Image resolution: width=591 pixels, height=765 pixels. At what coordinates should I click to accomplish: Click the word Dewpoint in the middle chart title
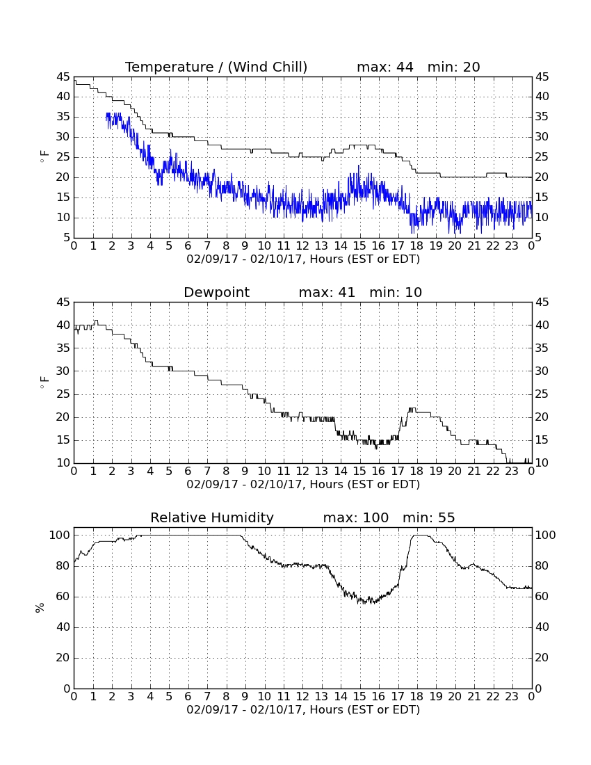click(x=216, y=293)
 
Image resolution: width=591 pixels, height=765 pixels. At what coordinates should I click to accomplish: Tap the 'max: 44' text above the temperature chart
click(x=384, y=67)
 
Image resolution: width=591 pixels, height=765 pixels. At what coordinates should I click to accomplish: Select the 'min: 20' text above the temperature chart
click(x=453, y=67)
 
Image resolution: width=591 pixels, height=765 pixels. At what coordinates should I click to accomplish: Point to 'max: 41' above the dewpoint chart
click(x=327, y=292)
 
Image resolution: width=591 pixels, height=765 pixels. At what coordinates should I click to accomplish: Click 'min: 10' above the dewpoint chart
click(x=396, y=292)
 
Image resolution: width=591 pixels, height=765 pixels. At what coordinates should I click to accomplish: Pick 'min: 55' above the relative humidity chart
click(x=428, y=517)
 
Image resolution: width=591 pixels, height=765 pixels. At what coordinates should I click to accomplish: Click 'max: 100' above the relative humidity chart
click(x=356, y=517)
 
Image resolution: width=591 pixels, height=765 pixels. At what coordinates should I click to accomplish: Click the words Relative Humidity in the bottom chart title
click(x=212, y=518)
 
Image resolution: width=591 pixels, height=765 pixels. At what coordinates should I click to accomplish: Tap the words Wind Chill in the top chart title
click(x=267, y=67)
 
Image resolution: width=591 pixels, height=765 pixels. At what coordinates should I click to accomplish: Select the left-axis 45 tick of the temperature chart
click(x=63, y=76)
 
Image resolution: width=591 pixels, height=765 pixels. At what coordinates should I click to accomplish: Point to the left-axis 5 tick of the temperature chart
click(x=67, y=238)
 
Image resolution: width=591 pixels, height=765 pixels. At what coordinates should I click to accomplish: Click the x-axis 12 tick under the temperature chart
click(x=302, y=246)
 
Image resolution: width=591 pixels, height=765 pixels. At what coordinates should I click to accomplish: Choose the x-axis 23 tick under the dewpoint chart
click(x=512, y=472)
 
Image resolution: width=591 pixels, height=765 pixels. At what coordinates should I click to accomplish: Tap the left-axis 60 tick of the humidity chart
click(x=63, y=596)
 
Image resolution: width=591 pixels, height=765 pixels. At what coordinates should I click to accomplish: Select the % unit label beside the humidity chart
click(x=40, y=608)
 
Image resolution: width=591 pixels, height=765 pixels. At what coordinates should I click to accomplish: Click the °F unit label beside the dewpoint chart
click(x=44, y=382)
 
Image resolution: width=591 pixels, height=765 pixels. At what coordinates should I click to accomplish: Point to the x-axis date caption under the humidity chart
click(x=303, y=709)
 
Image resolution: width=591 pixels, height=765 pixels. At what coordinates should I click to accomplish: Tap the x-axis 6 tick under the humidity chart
click(x=188, y=697)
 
